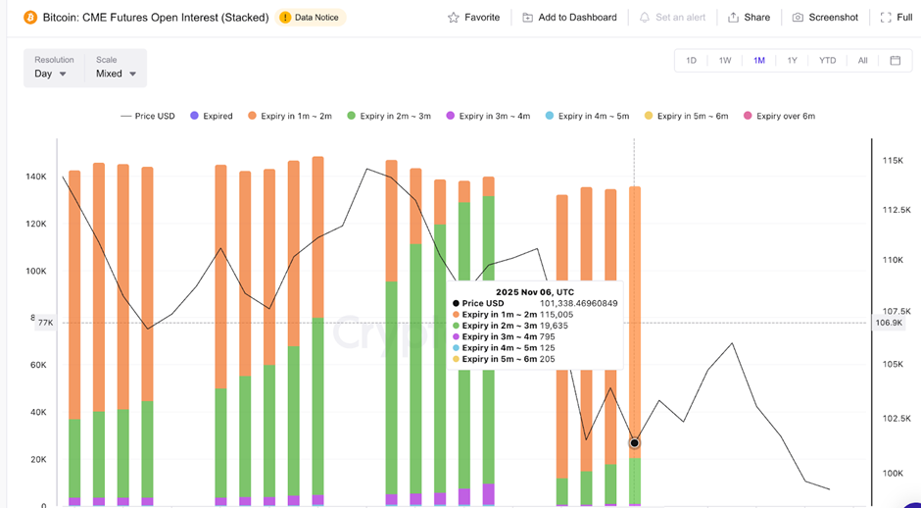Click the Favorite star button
473,18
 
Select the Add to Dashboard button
569,18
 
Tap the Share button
749,18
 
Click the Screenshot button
825,18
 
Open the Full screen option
897,18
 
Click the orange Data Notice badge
312,18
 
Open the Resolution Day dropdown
51,74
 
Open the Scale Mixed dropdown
116,74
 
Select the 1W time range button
725,61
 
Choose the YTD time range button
828,61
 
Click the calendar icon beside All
895,61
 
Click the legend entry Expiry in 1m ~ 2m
289,116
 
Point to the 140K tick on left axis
36,177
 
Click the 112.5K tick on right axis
897,210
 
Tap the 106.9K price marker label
890,323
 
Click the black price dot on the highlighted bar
635,443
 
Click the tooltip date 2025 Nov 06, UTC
535,292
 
